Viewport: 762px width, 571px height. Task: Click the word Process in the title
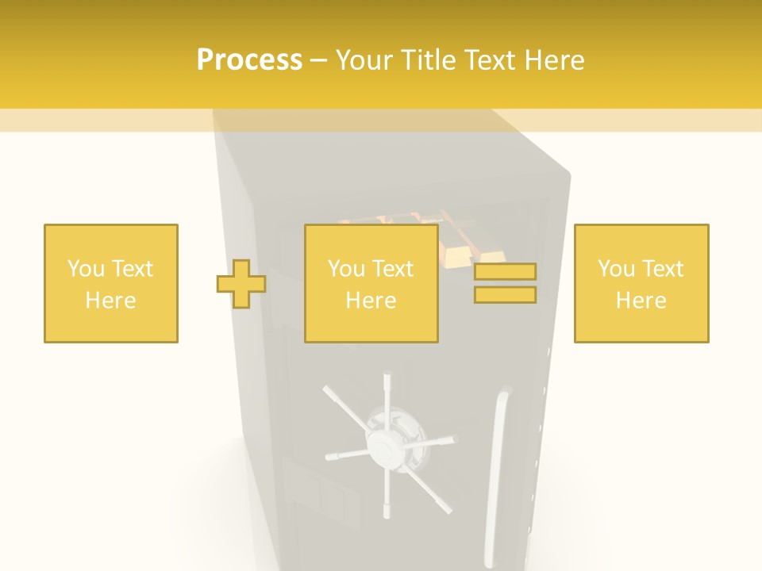tap(249, 60)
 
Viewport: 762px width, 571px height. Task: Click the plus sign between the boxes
tap(241, 284)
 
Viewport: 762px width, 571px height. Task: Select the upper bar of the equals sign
tap(505, 271)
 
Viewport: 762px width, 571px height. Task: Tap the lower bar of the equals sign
tap(505, 295)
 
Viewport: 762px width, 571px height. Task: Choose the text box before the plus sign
tap(111, 284)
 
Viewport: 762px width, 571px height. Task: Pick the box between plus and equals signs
tap(371, 284)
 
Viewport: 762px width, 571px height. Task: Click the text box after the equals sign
tap(641, 284)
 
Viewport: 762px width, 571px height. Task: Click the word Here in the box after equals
tap(641, 300)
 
